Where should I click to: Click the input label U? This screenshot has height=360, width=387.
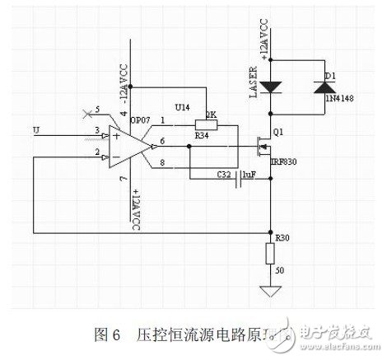click(35, 129)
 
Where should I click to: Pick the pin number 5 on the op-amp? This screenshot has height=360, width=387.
click(98, 108)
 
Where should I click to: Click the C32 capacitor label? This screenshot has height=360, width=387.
click(224, 175)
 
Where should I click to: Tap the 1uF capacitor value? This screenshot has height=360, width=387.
click(252, 175)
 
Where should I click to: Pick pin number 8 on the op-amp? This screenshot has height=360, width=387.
click(162, 164)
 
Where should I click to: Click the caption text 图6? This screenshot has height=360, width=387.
click(108, 334)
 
